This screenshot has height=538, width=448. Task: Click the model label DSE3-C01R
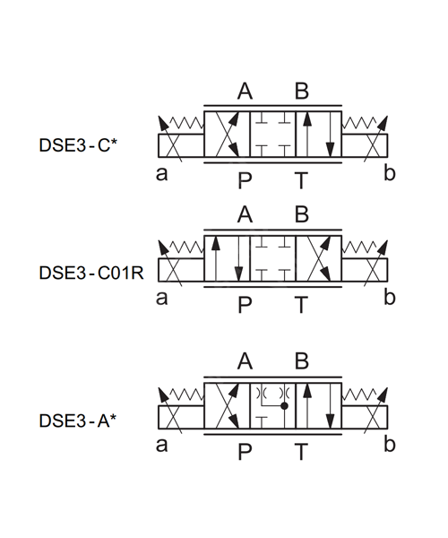click(91, 273)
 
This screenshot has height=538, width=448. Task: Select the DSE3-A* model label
click(78, 421)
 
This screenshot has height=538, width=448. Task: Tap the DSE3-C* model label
click(78, 145)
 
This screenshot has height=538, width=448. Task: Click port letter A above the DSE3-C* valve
click(245, 91)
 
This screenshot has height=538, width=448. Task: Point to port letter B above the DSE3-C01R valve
click(302, 214)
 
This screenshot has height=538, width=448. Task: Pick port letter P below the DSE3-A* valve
click(245, 452)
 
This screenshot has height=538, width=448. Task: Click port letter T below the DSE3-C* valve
click(301, 180)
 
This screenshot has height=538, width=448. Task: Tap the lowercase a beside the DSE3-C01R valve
click(162, 298)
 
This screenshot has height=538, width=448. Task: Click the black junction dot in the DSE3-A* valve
click(284, 406)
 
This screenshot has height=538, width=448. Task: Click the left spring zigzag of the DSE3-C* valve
click(186, 122)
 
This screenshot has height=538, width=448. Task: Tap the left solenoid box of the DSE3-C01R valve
click(181, 270)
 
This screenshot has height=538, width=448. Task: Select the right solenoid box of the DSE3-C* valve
click(365, 146)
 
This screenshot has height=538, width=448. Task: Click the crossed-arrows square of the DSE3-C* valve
click(227, 134)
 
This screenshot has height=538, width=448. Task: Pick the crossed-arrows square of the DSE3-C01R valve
click(319, 259)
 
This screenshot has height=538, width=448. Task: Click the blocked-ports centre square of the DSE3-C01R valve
click(273, 259)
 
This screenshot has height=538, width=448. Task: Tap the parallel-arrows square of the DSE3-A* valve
click(319, 406)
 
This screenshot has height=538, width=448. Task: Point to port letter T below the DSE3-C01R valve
click(301, 305)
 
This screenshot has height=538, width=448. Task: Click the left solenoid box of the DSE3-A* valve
click(181, 417)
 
